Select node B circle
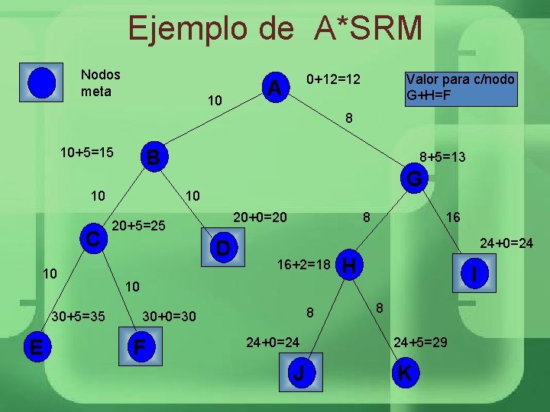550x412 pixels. [154, 157]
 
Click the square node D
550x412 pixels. [222, 249]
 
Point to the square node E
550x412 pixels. [35, 347]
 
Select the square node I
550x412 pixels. [476, 272]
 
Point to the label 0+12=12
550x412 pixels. [333, 79]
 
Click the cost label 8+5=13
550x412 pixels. [443, 156]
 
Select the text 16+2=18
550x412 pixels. [303, 266]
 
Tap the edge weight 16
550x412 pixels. [453, 218]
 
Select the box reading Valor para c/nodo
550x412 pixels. [460, 89]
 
